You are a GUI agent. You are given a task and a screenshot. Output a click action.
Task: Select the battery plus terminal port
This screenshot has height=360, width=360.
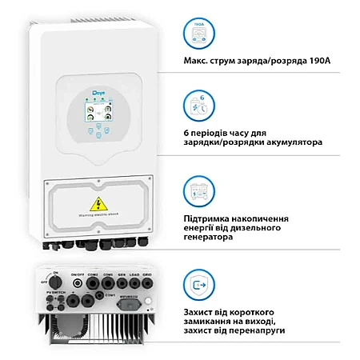pos(73,302)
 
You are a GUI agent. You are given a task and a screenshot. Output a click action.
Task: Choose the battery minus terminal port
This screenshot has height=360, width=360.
pos(88,302)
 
